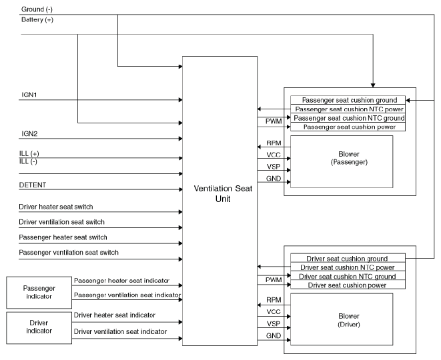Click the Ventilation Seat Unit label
(223, 193)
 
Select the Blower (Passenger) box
(342, 161)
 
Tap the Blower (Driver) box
(342, 319)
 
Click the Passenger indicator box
(39, 293)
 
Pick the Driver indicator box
(39, 328)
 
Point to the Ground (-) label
(37, 9)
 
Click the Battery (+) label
(37, 20)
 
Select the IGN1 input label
(29, 95)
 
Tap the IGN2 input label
(29, 133)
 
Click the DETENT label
(32, 185)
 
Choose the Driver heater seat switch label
(55, 207)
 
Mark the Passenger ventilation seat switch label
(69, 253)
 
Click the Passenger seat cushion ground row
(348, 100)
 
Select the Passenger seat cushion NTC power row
(348, 109)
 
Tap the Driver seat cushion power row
(348, 285)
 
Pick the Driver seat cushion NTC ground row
(348, 276)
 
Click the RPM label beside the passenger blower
(274, 143)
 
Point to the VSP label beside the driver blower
(274, 324)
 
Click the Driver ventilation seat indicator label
(120, 331)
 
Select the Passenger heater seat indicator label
(121, 281)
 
